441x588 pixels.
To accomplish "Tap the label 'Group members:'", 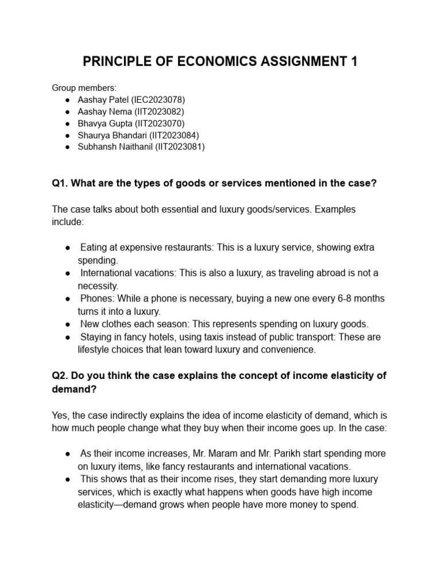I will coord(84,88).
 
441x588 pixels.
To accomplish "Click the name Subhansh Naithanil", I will coord(115,146).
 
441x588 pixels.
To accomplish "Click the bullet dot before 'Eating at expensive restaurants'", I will coord(68,247).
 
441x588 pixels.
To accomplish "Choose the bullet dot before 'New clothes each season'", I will coord(68,324).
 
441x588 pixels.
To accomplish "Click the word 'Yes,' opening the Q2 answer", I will coord(61,415).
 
